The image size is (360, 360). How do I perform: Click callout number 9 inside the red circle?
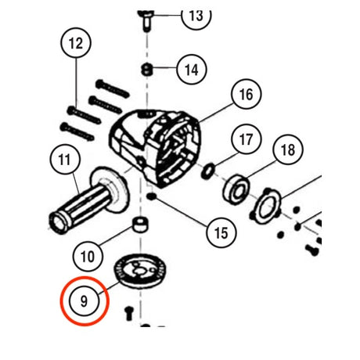(x=84, y=301)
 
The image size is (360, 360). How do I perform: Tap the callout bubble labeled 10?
(x=88, y=257)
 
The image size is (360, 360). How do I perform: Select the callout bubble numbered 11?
(x=65, y=160)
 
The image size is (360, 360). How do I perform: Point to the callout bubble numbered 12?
(x=76, y=43)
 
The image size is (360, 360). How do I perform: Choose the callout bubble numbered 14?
(x=192, y=70)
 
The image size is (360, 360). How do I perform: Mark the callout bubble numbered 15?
(x=221, y=232)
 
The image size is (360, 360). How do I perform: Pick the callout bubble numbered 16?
(x=247, y=94)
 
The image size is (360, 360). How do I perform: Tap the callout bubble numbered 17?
(x=247, y=139)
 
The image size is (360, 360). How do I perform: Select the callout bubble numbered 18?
(x=288, y=149)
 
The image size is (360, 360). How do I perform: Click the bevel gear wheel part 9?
(x=140, y=272)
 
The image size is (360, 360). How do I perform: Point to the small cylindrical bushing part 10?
(x=140, y=224)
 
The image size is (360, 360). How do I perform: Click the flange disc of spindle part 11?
(x=110, y=189)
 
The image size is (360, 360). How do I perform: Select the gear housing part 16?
(x=156, y=148)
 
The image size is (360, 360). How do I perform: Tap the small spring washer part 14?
(x=147, y=70)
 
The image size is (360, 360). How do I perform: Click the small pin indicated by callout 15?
(x=151, y=196)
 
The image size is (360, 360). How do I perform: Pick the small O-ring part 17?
(x=208, y=171)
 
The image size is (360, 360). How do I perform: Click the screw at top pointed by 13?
(x=146, y=20)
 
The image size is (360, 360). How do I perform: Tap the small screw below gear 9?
(x=129, y=313)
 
